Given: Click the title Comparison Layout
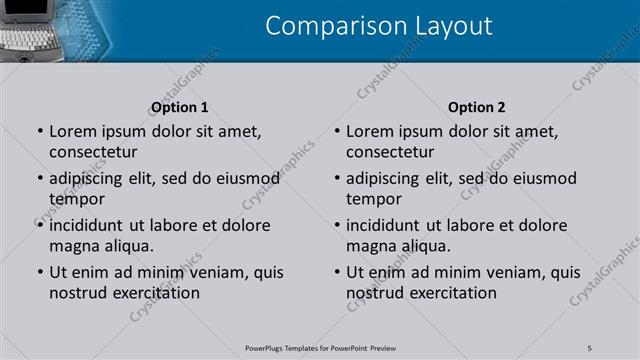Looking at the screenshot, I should (x=379, y=26).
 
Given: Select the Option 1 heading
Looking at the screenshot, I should (x=180, y=107).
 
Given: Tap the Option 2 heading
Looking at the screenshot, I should (x=477, y=107).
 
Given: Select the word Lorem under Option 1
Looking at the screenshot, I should (x=73, y=131).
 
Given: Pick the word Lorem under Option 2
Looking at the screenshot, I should (x=371, y=131).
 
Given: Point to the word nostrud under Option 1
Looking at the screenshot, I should (x=77, y=293).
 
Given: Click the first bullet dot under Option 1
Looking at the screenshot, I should (x=39, y=131).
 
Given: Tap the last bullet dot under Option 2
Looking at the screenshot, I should (x=337, y=272).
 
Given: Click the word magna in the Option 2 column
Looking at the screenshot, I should (x=371, y=245).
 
